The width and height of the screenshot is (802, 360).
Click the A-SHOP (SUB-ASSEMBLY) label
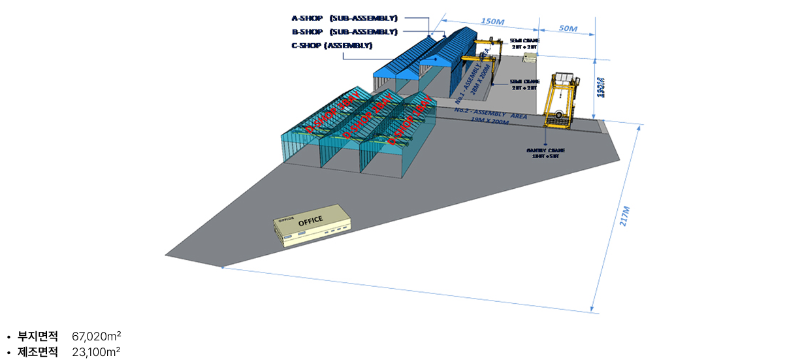[344, 18]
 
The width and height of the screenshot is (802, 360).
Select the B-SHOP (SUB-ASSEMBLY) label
[344, 31]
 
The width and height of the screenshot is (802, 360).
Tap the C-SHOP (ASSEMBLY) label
[332, 45]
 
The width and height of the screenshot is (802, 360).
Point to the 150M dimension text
[492, 22]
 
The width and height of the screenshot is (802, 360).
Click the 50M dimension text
[568, 29]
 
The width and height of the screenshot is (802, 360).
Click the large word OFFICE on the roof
[310, 221]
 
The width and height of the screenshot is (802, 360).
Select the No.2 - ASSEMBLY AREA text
[490, 114]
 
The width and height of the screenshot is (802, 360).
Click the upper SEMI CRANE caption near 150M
[524, 43]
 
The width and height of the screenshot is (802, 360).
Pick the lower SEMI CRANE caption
[524, 84]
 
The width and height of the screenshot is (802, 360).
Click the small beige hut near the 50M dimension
[529, 59]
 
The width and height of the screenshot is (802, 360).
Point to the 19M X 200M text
[489, 122]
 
